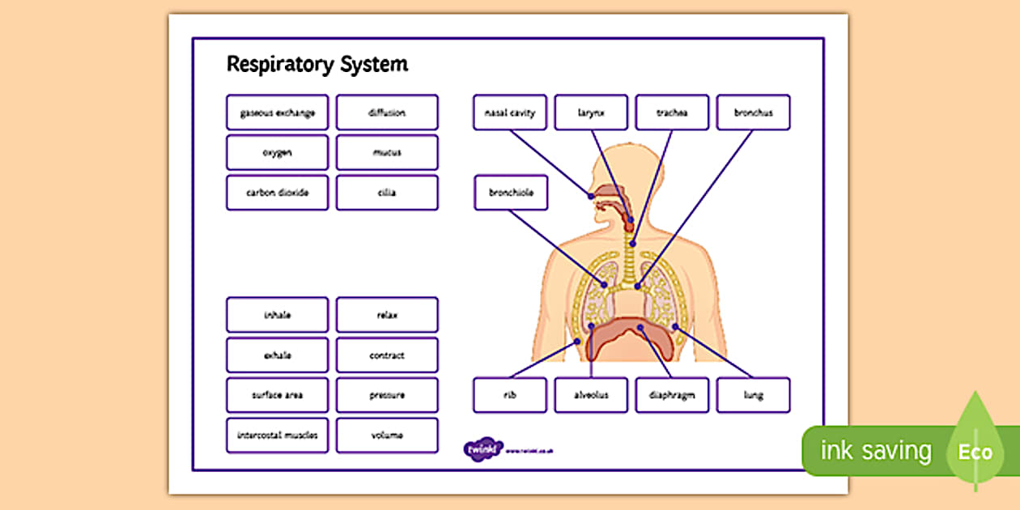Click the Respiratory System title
click(317, 65)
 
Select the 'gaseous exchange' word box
click(277, 113)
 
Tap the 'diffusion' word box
click(387, 113)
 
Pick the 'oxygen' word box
click(277, 152)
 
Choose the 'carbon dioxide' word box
click(277, 193)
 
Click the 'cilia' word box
click(387, 193)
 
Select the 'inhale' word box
click(277, 315)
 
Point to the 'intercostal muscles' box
click(277, 436)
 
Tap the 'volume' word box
click(387, 436)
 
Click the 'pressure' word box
click(387, 395)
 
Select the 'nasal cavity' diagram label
click(510, 113)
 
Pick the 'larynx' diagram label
click(591, 113)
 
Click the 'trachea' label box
click(672, 113)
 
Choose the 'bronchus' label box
click(753, 113)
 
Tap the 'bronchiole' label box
click(510, 193)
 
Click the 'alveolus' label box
click(591, 395)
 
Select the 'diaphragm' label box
click(672, 395)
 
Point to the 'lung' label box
click(753, 395)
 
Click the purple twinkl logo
click(483, 448)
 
